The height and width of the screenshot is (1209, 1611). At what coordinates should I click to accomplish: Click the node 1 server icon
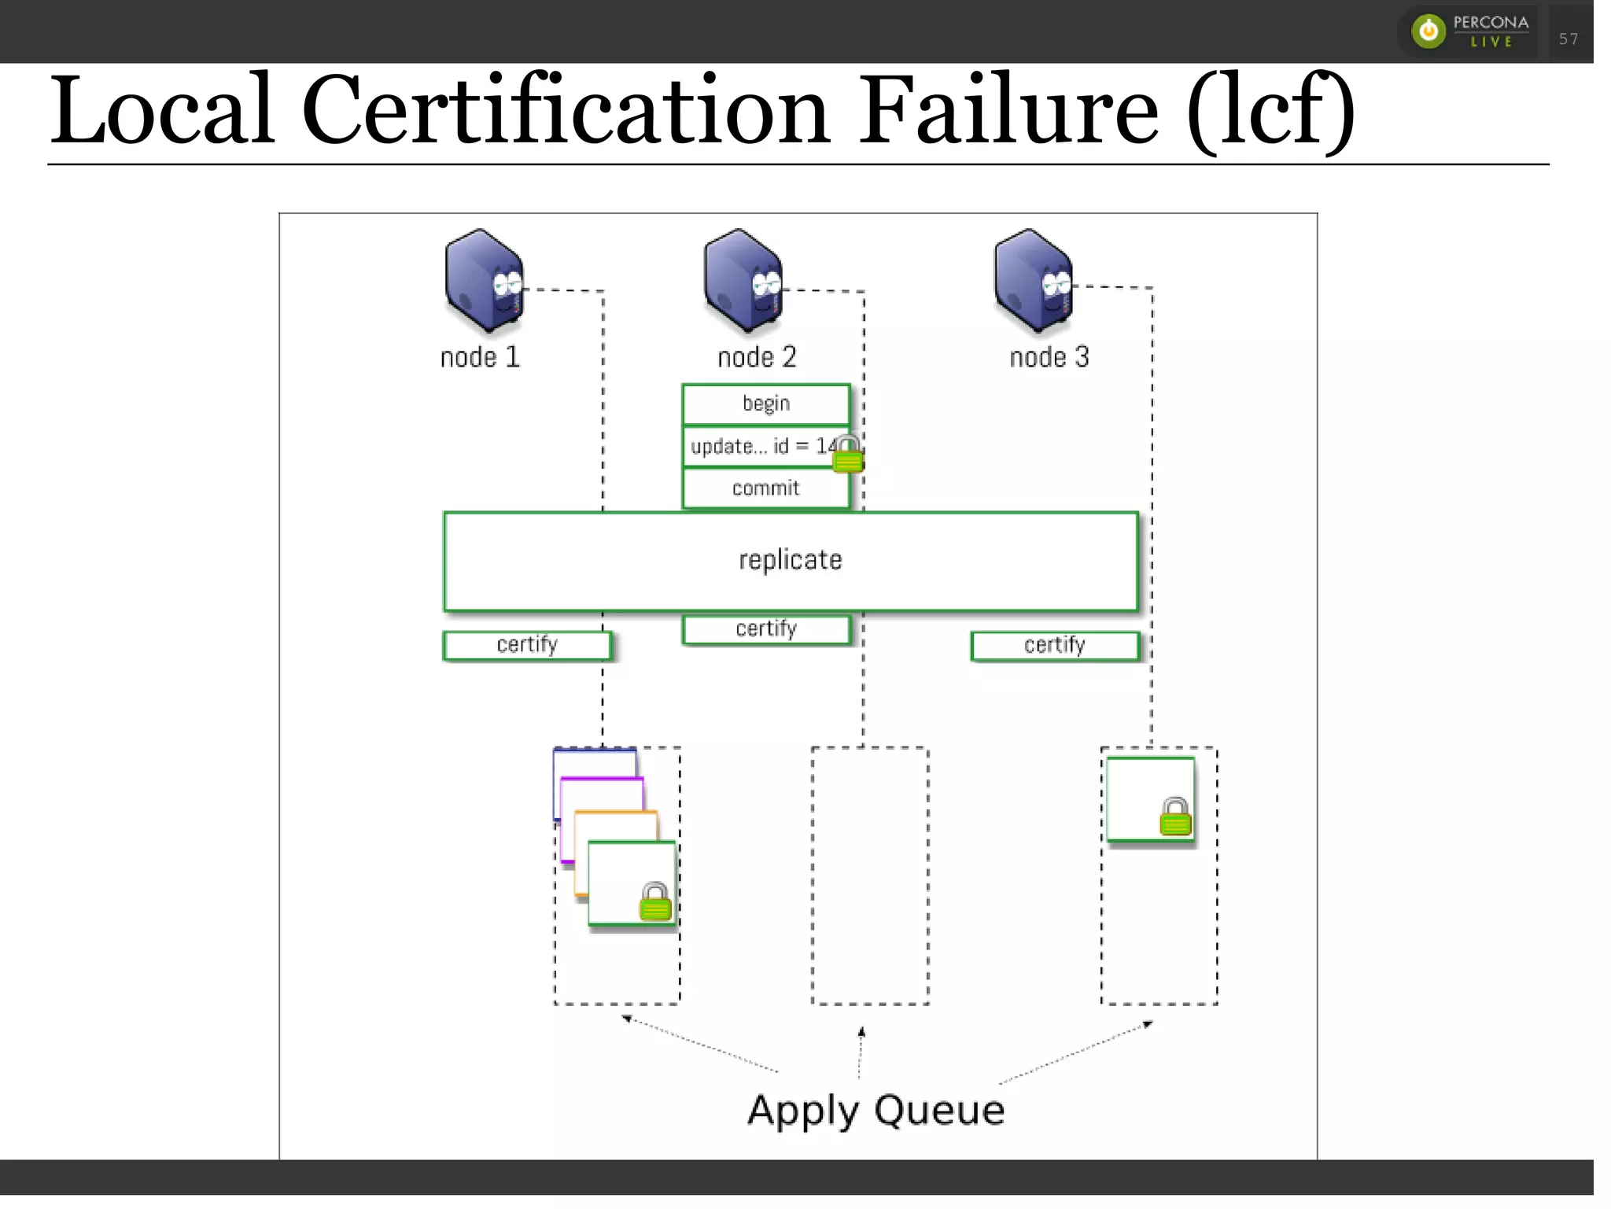coord(483,280)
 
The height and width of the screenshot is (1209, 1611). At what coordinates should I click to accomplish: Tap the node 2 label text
coord(757,357)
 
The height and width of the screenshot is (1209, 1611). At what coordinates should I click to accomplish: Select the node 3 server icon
coord(1033,280)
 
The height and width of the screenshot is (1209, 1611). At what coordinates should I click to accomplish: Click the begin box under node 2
coord(766,404)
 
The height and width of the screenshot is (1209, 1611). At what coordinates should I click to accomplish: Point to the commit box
coord(766,488)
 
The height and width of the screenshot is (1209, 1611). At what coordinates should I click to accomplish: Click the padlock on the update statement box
coord(847,455)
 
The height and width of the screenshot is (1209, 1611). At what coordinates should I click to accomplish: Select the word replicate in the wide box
coord(790,560)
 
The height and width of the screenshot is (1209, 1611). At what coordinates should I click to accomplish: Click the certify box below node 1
coord(527,645)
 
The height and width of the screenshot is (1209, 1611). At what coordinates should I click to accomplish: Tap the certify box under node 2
coord(766,629)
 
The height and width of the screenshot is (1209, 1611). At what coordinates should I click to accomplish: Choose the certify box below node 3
coord(1054,646)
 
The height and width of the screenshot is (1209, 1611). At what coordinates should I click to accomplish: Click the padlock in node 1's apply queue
coord(655,902)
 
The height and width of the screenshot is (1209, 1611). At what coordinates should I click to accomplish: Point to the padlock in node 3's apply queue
coord(1175,817)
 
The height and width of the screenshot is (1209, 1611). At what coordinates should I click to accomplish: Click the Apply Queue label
coord(876,1110)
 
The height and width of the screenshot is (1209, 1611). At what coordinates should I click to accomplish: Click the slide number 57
coord(1568,39)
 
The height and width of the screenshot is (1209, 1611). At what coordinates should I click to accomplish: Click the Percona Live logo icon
coord(1429,31)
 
